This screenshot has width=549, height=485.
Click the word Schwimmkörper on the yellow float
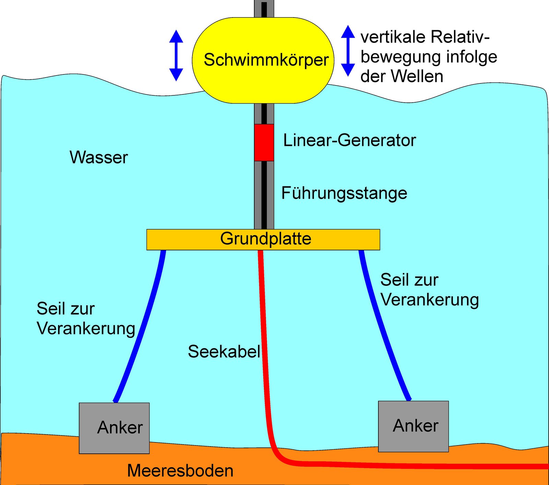click(266, 60)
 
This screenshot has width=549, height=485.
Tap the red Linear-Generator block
click(264, 142)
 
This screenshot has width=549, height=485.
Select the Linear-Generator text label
click(349, 140)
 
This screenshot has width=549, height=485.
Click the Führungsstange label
click(344, 193)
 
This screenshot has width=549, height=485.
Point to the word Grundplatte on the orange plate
click(266, 239)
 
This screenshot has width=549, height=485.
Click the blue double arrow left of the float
click(176, 56)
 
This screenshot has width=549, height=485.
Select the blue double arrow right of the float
click(348, 51)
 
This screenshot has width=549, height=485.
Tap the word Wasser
click(99, 158)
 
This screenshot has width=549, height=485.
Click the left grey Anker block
click(114, 428)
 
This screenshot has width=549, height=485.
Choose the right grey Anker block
click(413, 426)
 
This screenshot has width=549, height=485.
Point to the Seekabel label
click(224, 352)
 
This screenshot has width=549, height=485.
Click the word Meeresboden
click(180, 471)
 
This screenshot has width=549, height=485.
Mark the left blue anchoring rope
click(144, 330)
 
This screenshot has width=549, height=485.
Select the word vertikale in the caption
click(393, 37)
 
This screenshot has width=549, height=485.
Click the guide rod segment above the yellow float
click(264, 9)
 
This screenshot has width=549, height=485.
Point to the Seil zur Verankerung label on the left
click(86, 319)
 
